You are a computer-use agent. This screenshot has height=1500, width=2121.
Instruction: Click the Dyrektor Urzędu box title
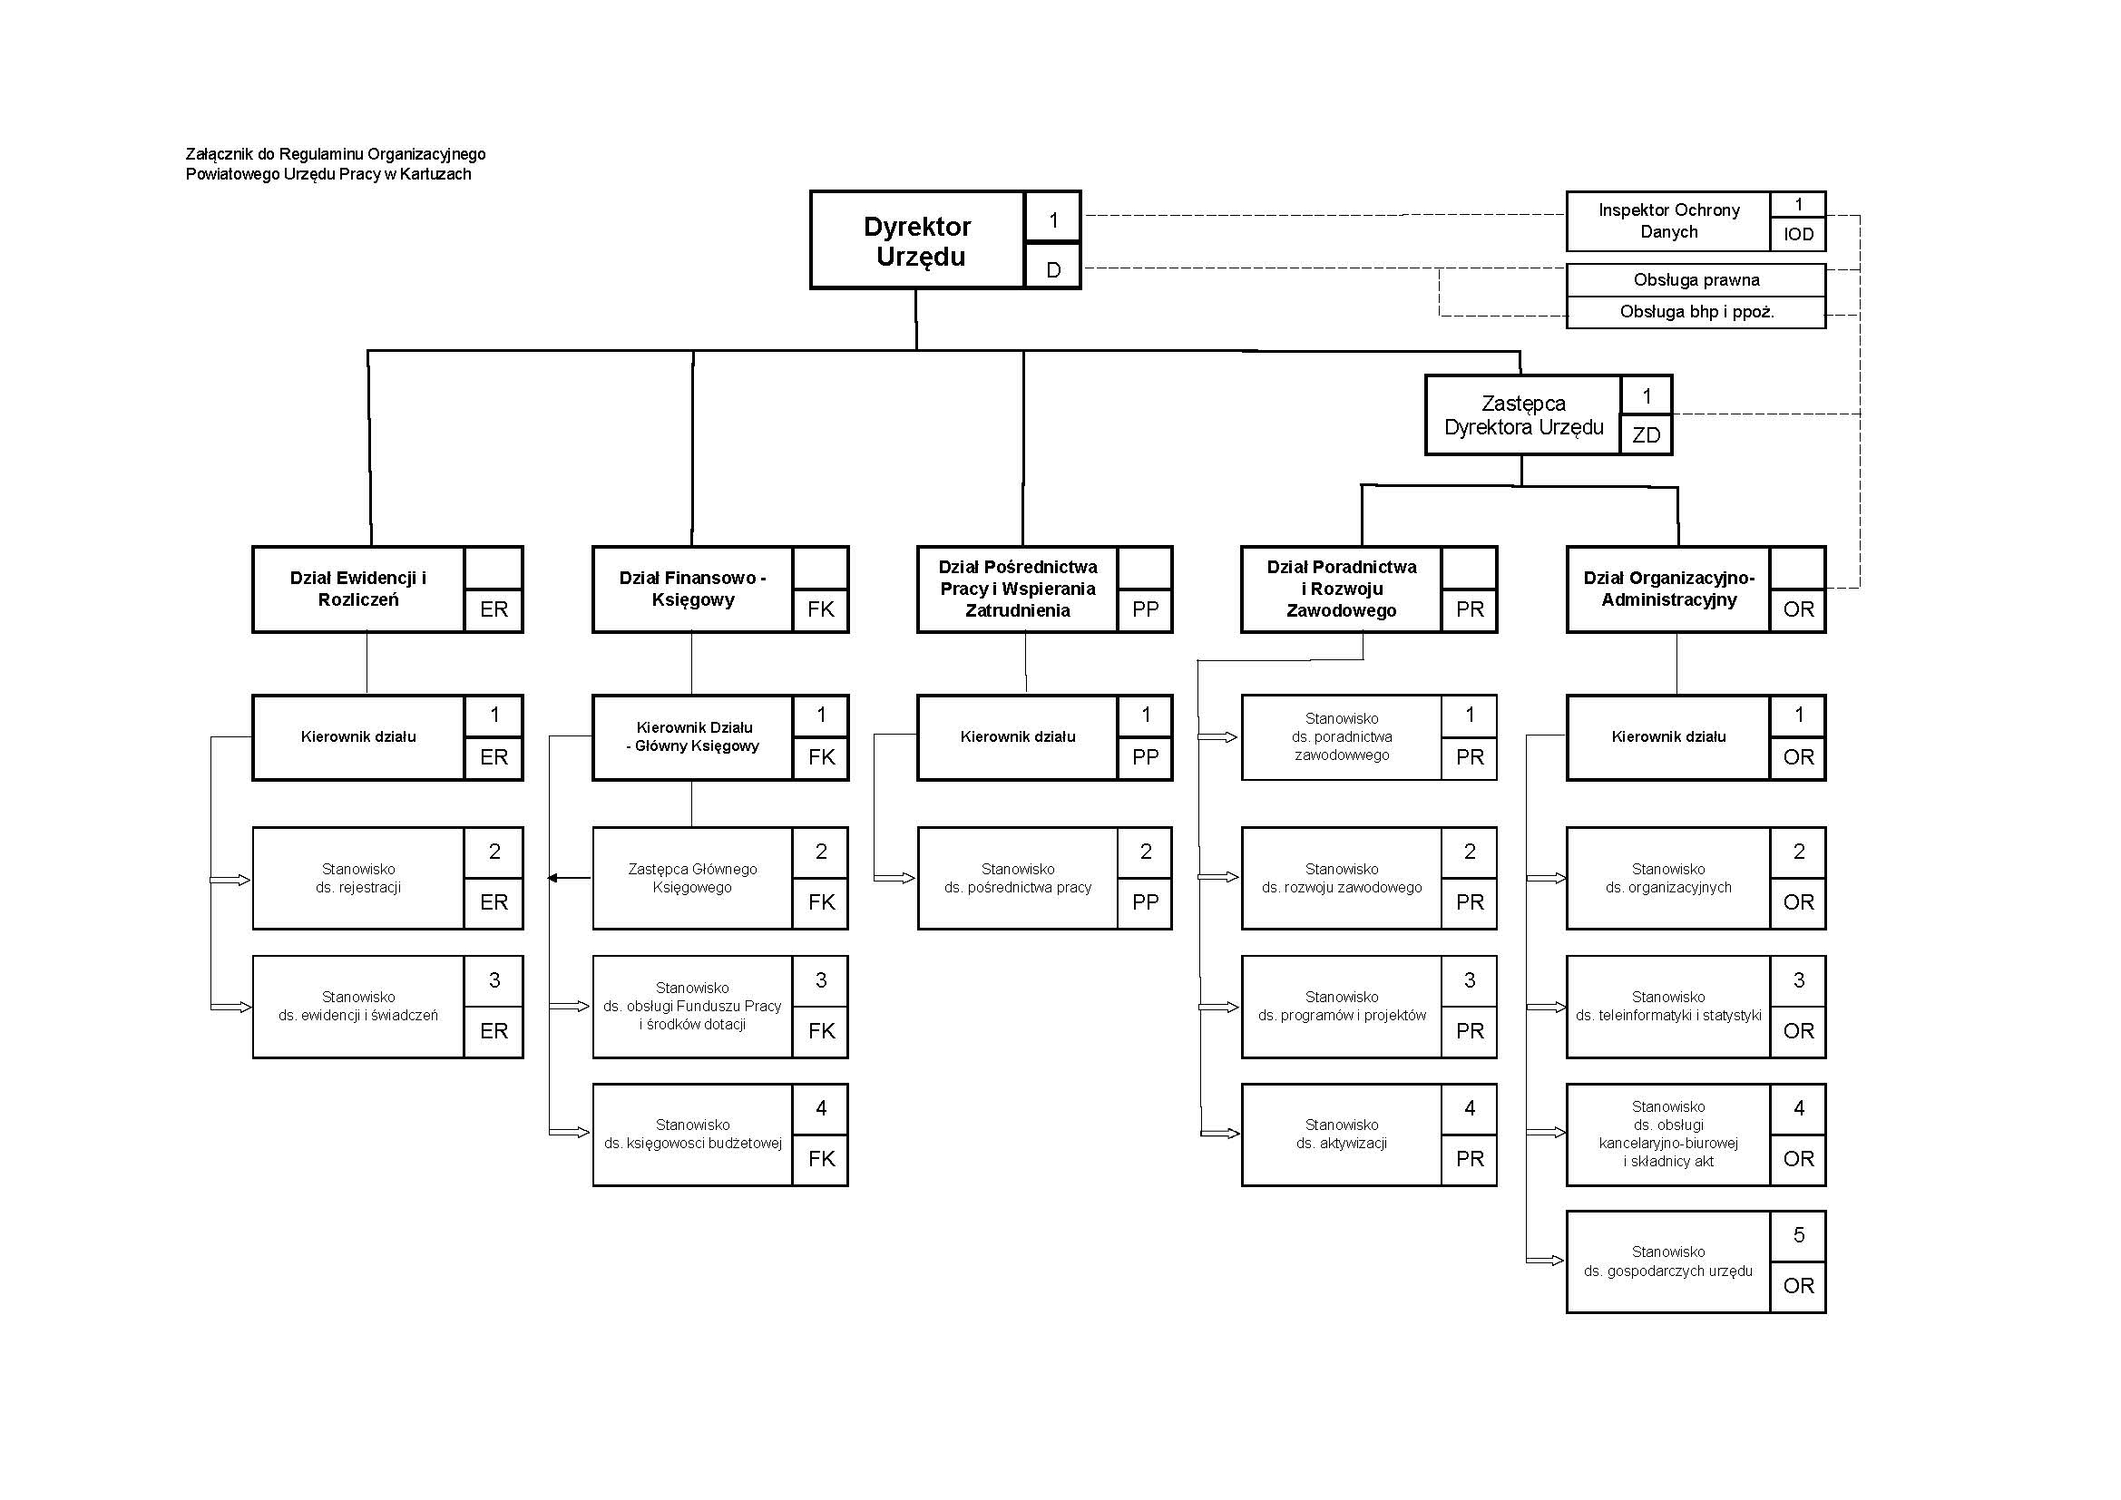tap(917, 241)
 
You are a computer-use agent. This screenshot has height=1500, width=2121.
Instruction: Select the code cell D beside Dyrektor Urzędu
tap(1053, 269)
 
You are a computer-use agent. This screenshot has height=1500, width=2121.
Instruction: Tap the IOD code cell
tap(1798, 235)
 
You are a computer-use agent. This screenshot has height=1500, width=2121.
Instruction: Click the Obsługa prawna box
tap(1696, 280)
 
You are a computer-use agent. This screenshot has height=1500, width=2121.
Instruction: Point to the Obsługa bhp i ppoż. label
tap(1696, 312)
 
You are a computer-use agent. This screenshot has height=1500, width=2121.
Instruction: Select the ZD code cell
tap(1647, 435)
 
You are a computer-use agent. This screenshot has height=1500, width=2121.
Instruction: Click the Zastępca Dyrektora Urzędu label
tap(1523, 415)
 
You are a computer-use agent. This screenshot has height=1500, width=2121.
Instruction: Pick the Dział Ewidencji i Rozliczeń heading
tap(358, 589)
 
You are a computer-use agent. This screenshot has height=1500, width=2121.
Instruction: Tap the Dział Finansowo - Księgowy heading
tap(693, 589)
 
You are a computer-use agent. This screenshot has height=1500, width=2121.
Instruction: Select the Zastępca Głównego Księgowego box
tap(693, 879)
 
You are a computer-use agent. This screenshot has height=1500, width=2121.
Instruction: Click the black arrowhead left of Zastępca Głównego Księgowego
tap(553, 879)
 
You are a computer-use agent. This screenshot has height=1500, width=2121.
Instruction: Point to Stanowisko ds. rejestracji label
tap(358, 879)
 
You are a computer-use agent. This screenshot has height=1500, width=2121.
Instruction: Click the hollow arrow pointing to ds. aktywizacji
tap(1219, 1134)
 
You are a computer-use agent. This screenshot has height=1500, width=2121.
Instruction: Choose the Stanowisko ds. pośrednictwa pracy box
tap(1017, 879)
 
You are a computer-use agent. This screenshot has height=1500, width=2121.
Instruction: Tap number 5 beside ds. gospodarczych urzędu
tap(1798, 1235)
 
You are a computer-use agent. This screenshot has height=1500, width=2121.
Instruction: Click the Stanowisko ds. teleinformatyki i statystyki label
tap(1668, 1007)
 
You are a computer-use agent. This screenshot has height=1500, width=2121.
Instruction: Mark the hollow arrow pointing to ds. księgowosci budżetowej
tap(570, 1133)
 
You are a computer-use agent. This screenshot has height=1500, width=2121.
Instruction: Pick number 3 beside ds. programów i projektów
tap(1469, 981)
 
